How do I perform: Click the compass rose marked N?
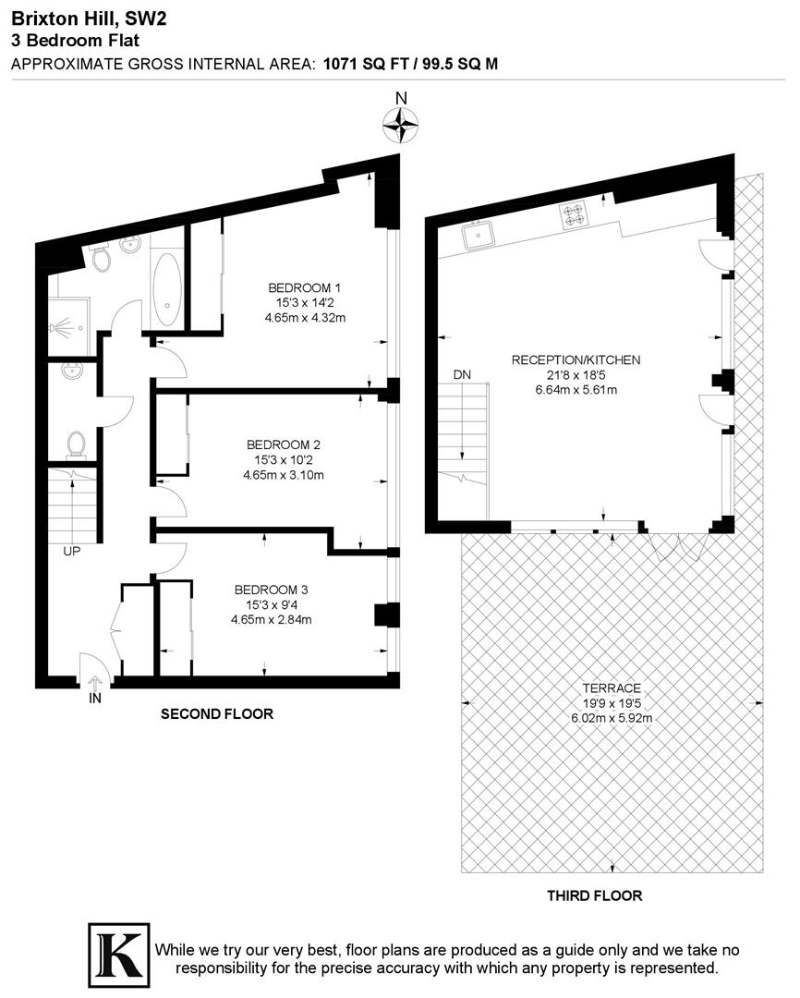point(401,125)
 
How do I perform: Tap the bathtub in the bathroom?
point(167,287)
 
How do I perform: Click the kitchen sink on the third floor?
point(479,236)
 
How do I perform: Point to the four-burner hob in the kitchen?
point(574,216)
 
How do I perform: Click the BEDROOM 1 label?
point(306,286)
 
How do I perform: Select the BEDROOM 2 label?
point(277,444)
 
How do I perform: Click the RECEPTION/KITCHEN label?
point(576,359)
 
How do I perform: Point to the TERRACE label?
point(612,688)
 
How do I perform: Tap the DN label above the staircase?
point(462,374)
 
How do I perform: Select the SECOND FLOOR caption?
point(217,714)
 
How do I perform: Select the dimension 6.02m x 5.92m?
point(612,717)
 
